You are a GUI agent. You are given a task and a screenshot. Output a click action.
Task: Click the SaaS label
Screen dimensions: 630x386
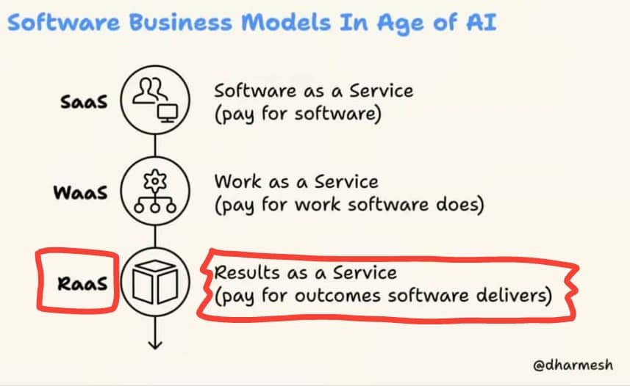84,101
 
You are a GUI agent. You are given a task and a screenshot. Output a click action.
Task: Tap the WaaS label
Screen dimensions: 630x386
80,192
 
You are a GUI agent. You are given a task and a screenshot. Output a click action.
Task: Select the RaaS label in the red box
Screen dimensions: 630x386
82,283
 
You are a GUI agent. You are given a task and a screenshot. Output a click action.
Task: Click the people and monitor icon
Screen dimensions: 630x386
156,101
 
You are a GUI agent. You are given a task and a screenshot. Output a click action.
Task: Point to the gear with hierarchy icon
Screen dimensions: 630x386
155,191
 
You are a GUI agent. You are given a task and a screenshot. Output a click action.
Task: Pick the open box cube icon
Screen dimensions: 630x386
155,282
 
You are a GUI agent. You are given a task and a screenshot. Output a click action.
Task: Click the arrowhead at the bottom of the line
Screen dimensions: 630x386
155,344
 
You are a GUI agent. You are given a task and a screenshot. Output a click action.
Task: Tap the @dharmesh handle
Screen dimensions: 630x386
573,365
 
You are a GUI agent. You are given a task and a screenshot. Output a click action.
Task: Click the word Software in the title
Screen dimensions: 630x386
63,22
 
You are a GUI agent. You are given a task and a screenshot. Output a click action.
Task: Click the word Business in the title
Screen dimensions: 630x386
181,22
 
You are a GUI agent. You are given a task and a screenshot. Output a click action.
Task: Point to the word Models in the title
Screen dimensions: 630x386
286,22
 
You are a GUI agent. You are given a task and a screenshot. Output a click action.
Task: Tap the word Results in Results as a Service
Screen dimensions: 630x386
247,272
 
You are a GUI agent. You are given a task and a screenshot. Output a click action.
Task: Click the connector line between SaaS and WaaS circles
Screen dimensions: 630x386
155,145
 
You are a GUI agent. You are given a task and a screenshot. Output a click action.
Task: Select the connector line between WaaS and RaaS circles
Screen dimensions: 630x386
155,237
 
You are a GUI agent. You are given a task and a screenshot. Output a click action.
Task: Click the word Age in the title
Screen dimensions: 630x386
400,23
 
